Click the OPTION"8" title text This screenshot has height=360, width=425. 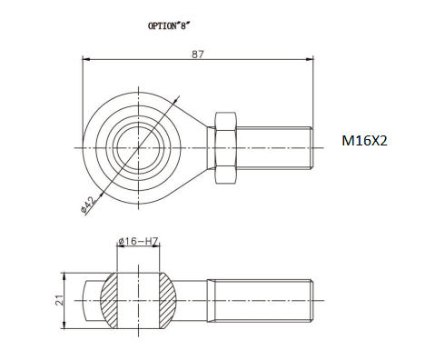(168, 25)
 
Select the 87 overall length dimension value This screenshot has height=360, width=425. (198, 55)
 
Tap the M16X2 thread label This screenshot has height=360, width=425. (364, 141)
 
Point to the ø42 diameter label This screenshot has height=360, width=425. (89, 204)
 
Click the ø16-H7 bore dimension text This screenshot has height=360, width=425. (138, 241)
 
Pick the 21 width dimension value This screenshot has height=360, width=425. (60, 300)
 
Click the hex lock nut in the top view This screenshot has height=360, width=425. (225, 148)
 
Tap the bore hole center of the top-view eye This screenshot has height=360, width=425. (139, 148)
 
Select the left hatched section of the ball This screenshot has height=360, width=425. (109, 301)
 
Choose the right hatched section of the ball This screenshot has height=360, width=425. (168, 301)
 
